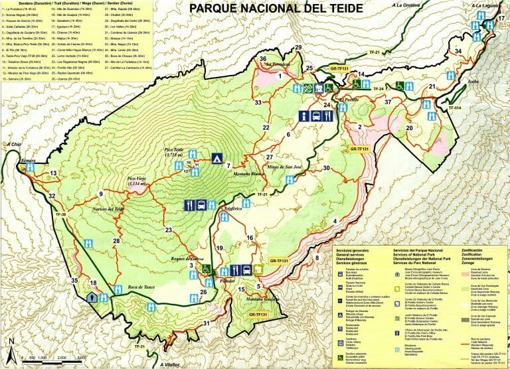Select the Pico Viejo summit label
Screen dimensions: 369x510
point(137,180)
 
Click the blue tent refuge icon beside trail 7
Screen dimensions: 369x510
point(216,159)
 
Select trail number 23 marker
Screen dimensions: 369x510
point(169,230)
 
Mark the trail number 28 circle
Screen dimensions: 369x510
point(117,241)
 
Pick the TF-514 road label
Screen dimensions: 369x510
point(454,108)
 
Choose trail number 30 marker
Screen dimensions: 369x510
point(327,168)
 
